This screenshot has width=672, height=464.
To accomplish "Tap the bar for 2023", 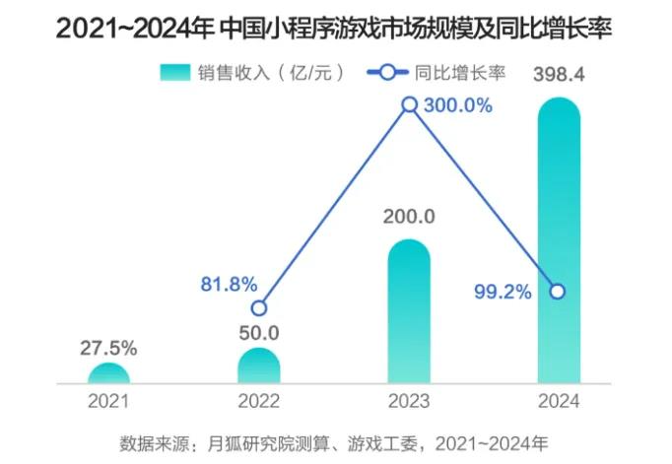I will (x=409, y=310).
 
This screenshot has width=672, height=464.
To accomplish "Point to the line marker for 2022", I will (x=259, y=307).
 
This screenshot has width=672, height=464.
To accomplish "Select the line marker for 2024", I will (x=558, y=292).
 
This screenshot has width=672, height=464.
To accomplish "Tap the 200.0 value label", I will (x=409, y=217).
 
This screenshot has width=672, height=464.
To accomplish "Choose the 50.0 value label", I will (x=259, y=333).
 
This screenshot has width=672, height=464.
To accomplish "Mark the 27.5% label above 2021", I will (x=108, y=348).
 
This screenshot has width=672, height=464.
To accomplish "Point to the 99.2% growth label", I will (x=503, y=292).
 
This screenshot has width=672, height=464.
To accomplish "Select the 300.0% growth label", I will (x=456, y=105).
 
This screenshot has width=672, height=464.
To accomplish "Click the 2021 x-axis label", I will (x=108, y=401).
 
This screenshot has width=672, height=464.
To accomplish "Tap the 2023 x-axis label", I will (x=409, y=401).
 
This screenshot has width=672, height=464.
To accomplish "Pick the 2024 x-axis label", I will (x=558, y=401).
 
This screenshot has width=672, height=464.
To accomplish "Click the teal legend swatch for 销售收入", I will (x=174, y=72).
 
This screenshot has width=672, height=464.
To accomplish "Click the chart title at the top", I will (x=334, y=29).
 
